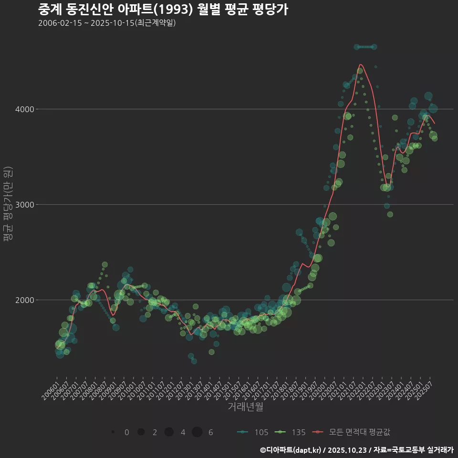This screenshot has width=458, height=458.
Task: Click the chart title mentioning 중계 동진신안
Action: coord(163,9)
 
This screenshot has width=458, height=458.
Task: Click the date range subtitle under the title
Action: coord(107,23)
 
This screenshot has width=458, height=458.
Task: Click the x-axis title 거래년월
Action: coord(245,406)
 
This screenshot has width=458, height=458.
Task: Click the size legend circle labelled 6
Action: coord(197,432)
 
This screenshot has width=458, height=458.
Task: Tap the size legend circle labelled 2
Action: coord(141,432)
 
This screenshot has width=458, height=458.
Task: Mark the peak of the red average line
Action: coord(360,64)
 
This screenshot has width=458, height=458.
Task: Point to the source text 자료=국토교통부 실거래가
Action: coord(413,449)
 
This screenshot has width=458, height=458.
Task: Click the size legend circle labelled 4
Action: coord(169,432)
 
